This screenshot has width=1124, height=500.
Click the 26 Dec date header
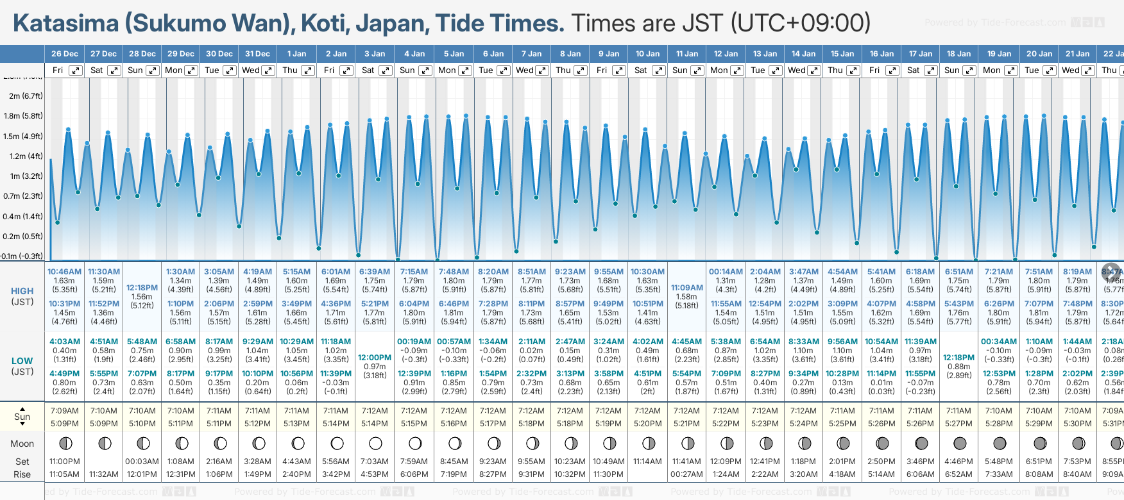[64, 54]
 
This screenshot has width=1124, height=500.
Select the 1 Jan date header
[296, 54]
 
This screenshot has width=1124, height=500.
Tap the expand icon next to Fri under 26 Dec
[76, 71]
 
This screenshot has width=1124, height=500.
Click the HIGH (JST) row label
[22, 296]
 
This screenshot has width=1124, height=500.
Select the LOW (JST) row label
[22, 366]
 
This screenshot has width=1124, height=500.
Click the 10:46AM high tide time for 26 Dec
[64, 272]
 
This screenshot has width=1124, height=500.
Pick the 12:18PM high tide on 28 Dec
[142, 288]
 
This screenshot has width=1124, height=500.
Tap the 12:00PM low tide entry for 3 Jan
[375, 358]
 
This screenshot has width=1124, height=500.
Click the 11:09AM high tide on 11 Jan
[686, 288]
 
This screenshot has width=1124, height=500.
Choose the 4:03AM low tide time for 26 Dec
[64, 342]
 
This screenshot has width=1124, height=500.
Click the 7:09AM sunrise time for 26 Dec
[64, 411]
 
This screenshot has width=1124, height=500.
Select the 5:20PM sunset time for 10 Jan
[647, 424]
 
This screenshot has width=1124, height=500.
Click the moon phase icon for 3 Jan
[375, 443]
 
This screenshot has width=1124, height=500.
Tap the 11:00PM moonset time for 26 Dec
[64, 462]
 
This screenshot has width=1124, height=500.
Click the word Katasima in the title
[65, 24]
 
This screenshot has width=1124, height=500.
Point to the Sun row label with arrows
[22, 417]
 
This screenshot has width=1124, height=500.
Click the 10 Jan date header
[647, 54]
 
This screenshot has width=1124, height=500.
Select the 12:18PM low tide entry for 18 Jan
[958, 358]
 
